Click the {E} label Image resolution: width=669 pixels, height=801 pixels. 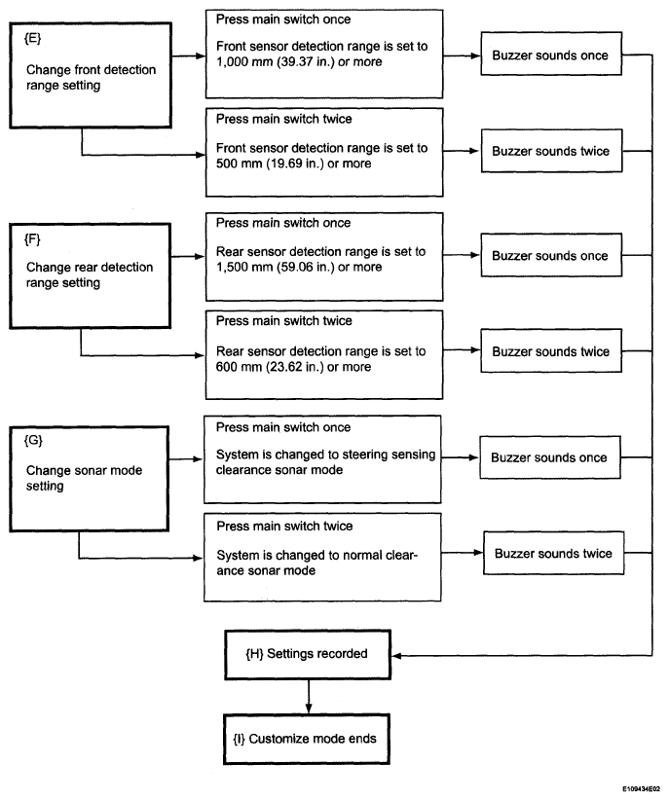tap(33, 38)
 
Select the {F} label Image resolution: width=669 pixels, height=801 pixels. tap(32, 239)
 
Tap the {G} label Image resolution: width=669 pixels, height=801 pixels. tap(33, 440)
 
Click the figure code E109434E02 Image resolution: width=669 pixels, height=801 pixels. tap(641, 789)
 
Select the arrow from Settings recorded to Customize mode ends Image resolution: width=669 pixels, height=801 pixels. tap(308, 697)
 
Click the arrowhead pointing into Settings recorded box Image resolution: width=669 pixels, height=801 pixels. tap(396, 655)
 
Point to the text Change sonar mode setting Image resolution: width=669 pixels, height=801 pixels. tap(85, 478)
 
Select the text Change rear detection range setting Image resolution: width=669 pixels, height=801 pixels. tap(90, 274)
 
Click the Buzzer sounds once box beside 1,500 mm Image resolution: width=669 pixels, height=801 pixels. tap(551, 255)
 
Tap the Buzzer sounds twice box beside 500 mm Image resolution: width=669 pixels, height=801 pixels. tap(551, 151)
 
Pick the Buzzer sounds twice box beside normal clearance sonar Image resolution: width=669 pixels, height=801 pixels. tap(553, 553)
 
